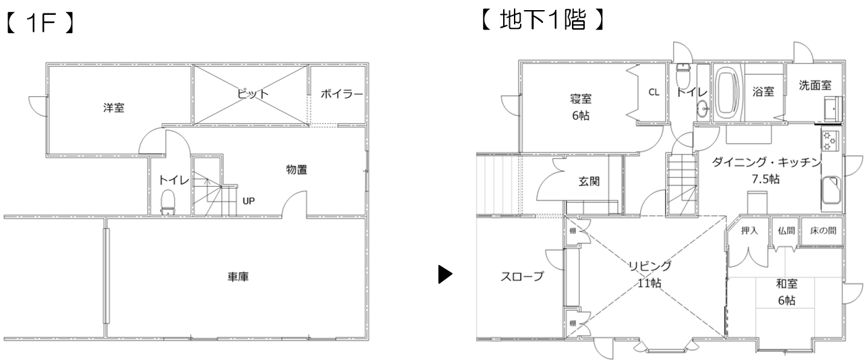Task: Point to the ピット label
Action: [x=253, y=94]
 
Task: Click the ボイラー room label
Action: [x=341, y=94]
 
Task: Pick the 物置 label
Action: [x=296, y=170]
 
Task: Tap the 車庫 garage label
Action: [x=237, y=276]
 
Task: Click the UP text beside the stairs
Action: [x=248, y=200]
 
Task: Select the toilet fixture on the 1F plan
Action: [x=167, y=201]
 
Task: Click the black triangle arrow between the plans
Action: [x=445, y=274]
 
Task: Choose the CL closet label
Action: [x=654, y=92]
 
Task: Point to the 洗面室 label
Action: [x=815, y=86]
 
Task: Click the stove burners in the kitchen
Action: [x=829, y=141]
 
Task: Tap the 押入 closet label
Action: [x=750, y=231]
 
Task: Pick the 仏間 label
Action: [x=786, y=231]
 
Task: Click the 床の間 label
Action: [x=823, y=231]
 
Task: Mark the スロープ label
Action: [x=522, y=276]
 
